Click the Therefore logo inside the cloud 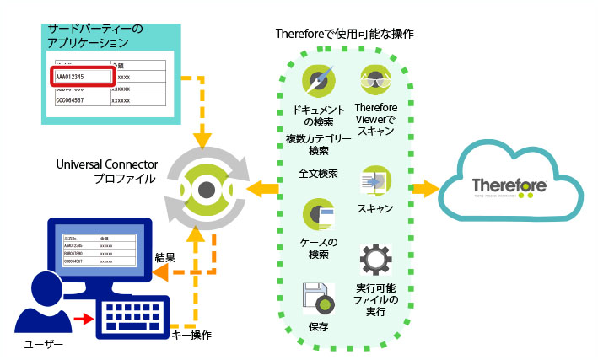[x=510, y=186]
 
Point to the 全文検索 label [x=319, y=174]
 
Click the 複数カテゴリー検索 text [x=319, y=145]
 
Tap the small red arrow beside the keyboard [x=82, y=319]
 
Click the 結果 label [x=165, y=256]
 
